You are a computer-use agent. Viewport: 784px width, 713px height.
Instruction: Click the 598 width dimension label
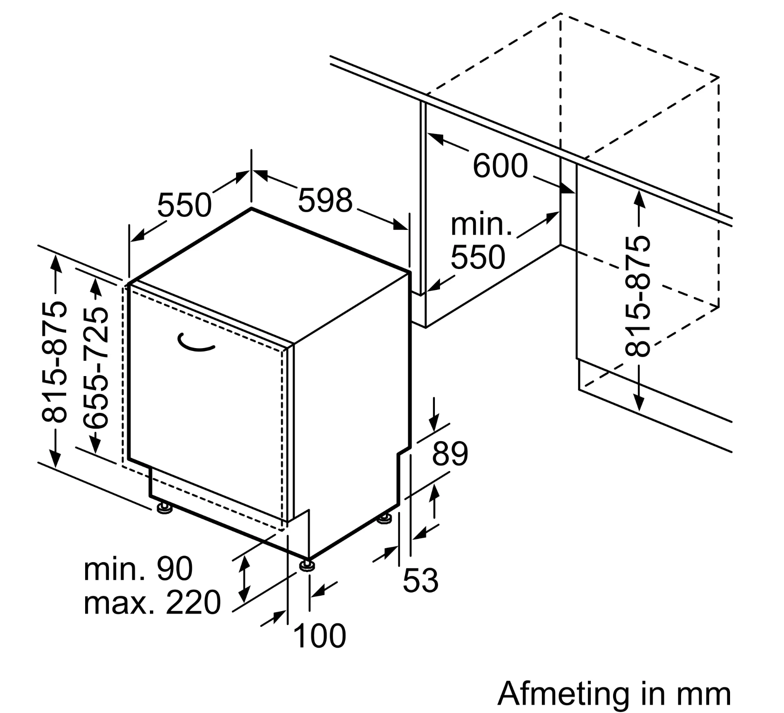[x=325, y=201]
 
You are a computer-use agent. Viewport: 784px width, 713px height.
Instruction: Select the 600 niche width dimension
[x=500, y=166]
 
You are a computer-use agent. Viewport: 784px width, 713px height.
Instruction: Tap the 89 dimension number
[x=450, y=454]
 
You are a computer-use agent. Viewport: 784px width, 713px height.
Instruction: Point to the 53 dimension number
[x=420, y=580]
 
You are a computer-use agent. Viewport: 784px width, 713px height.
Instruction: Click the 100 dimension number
[x=320, y=636]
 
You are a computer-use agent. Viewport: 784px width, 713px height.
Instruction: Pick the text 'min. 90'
[x=138, y=568]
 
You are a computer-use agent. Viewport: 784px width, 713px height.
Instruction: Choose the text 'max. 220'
[x=152, y=603]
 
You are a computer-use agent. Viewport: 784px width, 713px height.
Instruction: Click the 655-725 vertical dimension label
[x=96, y=368]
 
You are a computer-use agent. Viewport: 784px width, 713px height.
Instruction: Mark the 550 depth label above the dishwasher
[x=184, y=205]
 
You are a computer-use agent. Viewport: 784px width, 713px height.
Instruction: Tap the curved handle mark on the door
[x=196, y=343]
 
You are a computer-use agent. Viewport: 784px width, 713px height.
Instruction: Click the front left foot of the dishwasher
[x=165, y=507]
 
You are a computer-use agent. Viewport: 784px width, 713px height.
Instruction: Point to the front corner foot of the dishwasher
[x=307, y=565]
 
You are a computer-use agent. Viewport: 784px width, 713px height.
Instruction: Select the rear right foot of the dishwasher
[x=385, y=518]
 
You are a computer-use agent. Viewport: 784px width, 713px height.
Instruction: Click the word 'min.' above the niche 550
[x=481, y=224]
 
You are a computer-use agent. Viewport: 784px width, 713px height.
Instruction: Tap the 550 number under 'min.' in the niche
[x=478, y=257]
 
